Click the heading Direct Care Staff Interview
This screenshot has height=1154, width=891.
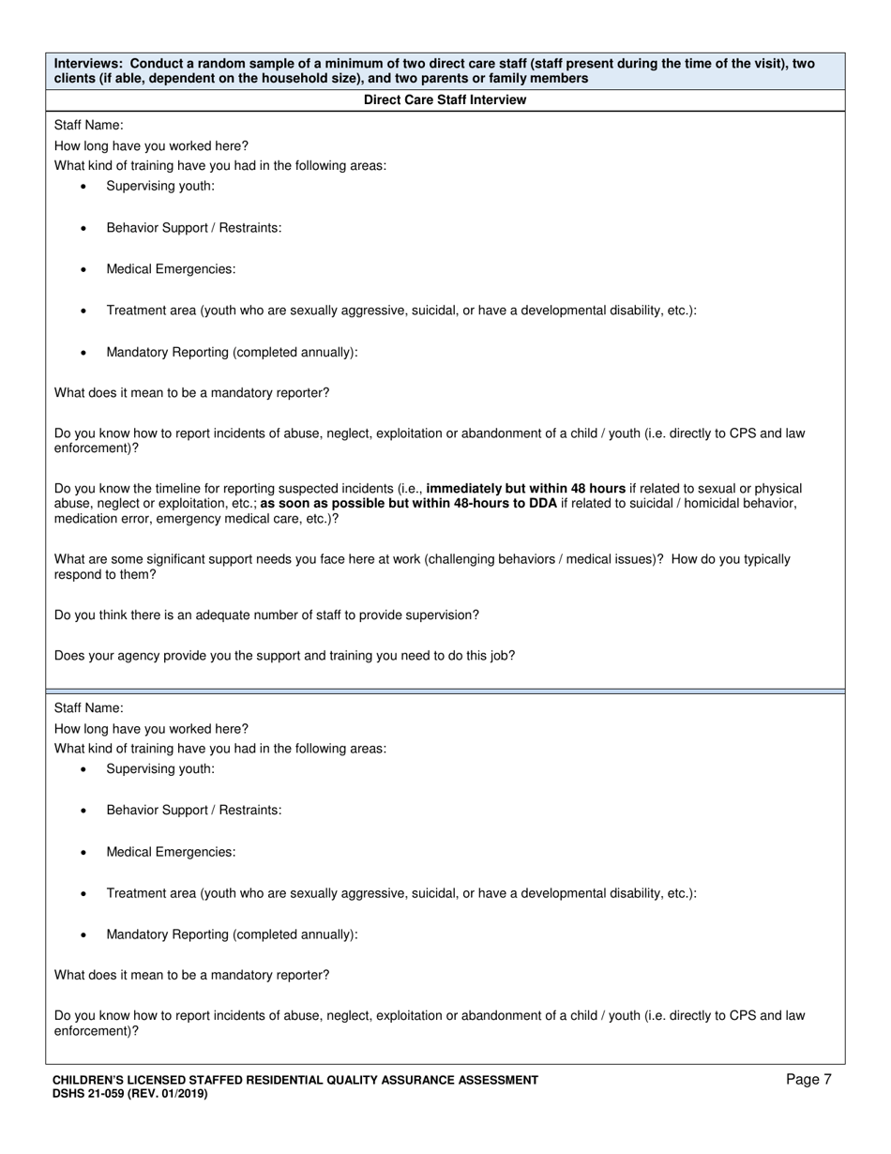(445, 99)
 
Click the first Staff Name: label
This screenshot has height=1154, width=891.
(88, 125)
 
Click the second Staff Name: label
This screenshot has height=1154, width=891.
(88, 708)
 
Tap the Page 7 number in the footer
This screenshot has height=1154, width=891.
(808, 1080)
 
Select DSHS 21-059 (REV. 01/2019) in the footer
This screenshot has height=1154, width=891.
(129, 1094)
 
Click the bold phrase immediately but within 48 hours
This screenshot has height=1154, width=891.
(525, 489)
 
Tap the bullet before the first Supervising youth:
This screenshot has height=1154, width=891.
(83, 187)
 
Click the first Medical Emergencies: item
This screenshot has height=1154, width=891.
(171, 269)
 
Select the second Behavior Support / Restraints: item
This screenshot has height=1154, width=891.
(193, 810)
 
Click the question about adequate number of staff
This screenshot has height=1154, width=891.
(266, 615)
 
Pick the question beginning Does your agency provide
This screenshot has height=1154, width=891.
(284, 656)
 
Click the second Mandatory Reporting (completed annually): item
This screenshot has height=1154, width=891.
(232, 934)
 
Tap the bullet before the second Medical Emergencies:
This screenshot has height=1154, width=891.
(83, 853)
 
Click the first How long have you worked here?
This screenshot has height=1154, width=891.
(151, 145)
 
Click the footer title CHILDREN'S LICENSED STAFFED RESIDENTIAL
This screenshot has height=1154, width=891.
(295, 1080)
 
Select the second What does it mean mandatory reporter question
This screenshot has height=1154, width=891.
(191, 975)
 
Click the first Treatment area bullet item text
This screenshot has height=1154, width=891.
(400, 311)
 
